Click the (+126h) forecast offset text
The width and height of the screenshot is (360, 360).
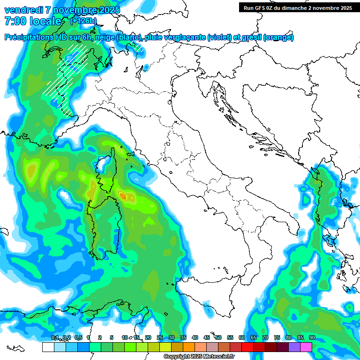[x=83, y=21]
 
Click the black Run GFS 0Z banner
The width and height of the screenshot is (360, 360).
[x=298, y=7]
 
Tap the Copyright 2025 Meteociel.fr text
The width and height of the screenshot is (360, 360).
[x=199, y=357]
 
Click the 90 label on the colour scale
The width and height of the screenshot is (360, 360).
[x=312, y=337]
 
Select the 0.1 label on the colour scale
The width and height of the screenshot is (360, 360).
[x=54, y=337]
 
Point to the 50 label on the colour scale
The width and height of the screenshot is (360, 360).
[x=218, y=337]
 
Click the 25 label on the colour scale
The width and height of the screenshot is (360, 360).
[x=160, y=337]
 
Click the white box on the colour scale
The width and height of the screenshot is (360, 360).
[x=48, y=347]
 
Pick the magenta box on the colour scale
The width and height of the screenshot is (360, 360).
[x=306, y=347]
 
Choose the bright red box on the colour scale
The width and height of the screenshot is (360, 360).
[x=247, y=347]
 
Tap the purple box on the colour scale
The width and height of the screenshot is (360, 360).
[x=294, y=347]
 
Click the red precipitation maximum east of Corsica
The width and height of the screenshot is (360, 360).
[x=124, y=195]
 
